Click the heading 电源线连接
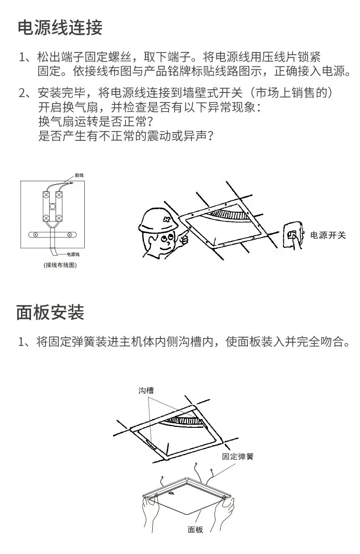60,27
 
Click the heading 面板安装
50,313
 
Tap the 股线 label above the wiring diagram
79,175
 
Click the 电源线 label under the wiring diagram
73,254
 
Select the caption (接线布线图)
60,265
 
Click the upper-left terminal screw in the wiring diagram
46,195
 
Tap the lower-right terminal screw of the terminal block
59,218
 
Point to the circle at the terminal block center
52,206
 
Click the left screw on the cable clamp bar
36,235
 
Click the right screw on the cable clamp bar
70,235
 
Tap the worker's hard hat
158,220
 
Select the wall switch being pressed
293,235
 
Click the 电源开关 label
328,235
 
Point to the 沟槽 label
146,390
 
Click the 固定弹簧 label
238,457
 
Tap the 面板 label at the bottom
195,529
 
